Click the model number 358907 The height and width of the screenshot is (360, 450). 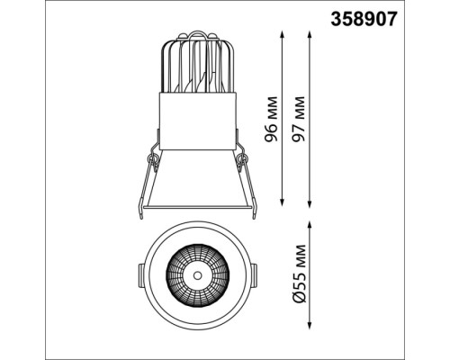(364, 19)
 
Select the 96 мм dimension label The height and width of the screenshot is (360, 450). (271, 119)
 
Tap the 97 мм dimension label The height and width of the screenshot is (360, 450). (299, 119)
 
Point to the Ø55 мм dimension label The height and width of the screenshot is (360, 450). (300, 274)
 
